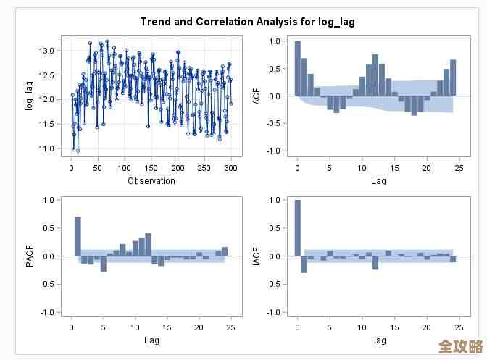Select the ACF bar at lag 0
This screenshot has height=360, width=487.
coord(297,69)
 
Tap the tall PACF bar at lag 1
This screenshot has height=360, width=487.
coord(78,237)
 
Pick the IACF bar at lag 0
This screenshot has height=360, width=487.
coord(297,228)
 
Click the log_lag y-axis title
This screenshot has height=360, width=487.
coord(30,96)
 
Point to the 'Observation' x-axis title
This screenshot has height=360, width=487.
coord(151,181)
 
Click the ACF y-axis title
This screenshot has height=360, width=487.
coord(257,96)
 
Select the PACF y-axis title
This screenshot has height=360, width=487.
coord(30,256)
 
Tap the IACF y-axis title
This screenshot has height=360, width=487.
coord(257,256)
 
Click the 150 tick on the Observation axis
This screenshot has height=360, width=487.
coord(151,168)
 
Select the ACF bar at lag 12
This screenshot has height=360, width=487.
coord(375,75)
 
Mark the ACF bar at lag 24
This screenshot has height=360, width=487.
coord(453,78)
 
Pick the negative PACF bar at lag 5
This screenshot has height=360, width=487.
coord(104,264)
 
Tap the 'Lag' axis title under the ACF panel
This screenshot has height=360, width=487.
coord(378,181)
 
